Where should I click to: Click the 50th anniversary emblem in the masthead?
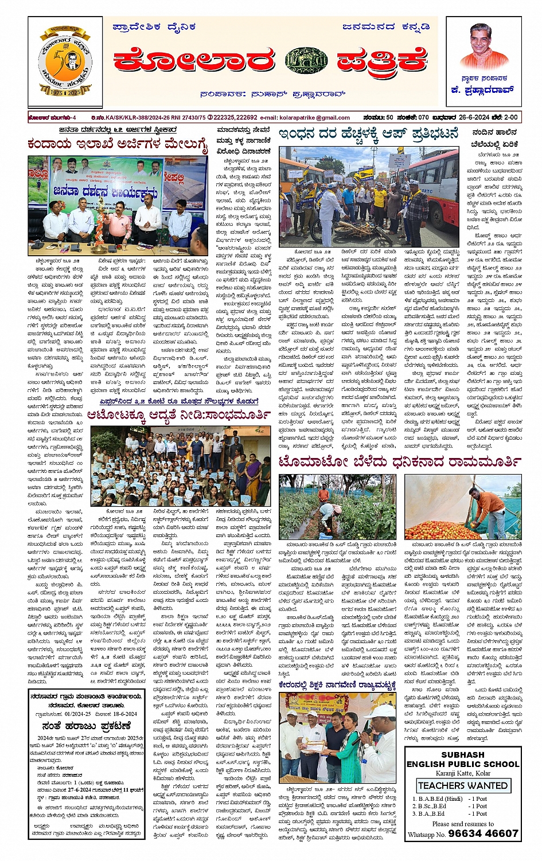[x=64, y=61]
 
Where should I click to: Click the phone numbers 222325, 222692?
[x=232, y=118]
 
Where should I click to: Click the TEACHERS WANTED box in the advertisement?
[x=462, y=785]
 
